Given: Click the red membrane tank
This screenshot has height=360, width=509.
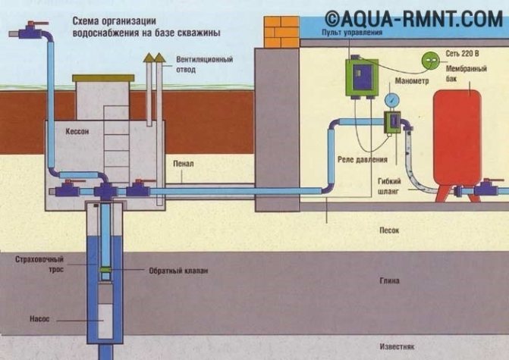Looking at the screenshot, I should pyautogui.click(x=457, y=142).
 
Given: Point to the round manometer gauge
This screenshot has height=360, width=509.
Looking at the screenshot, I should pyautogui.click(x=393, y=99).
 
